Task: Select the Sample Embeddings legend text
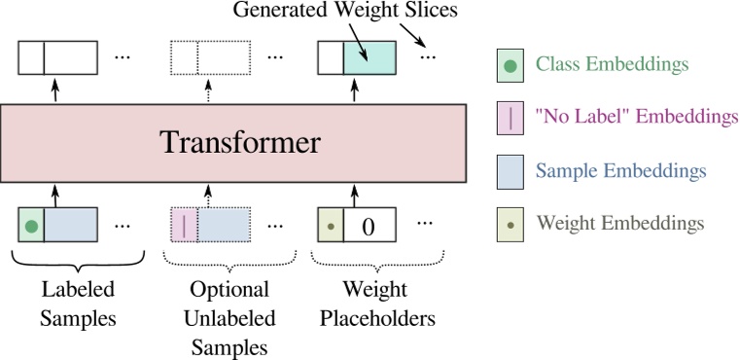(x=619, y=170)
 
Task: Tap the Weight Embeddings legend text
(x=619, y=223)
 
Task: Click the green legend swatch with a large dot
(x=511, y=65)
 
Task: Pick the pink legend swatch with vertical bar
(x=511, y=118)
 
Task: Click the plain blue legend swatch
(x=511, y=170)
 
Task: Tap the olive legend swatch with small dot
(x=511, y=223)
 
